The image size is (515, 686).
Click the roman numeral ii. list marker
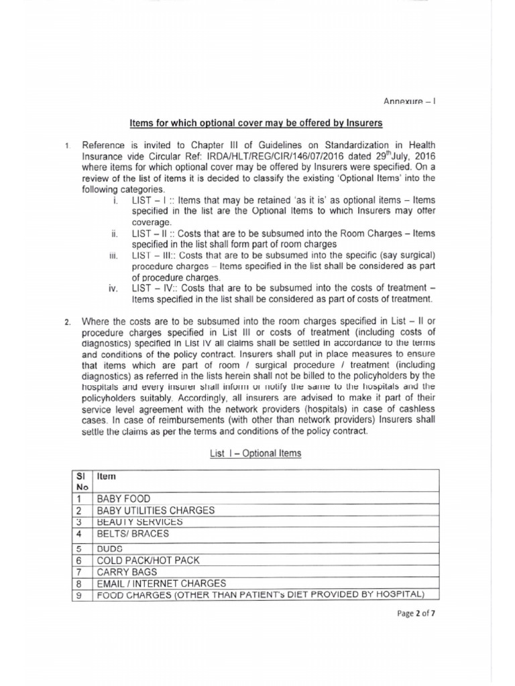pyautogui.click(x=113, y=234)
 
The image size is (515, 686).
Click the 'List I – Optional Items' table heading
pyautogui.click(x=256, y=454)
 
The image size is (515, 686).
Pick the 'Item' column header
pyautogui.click(x=107, y=476)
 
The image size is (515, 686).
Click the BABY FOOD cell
pyautogui.click(x=123, y=499)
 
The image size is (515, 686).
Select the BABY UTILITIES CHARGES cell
pyautogui.click(x=156, y=510)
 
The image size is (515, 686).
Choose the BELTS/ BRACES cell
pyautogui.click(x=133, y=534)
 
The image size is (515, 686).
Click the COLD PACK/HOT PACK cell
pyautogui.click(x=148, y=560)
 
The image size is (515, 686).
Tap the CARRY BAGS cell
pyautogui.click(x=127, y=571)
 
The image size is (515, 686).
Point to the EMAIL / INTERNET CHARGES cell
pyautogui.click(x=162, y=583)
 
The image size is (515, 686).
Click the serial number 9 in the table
pyautogui.click(x=79, y=595)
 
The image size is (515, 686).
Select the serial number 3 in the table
pyautogui.click(x=79, y=521)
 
